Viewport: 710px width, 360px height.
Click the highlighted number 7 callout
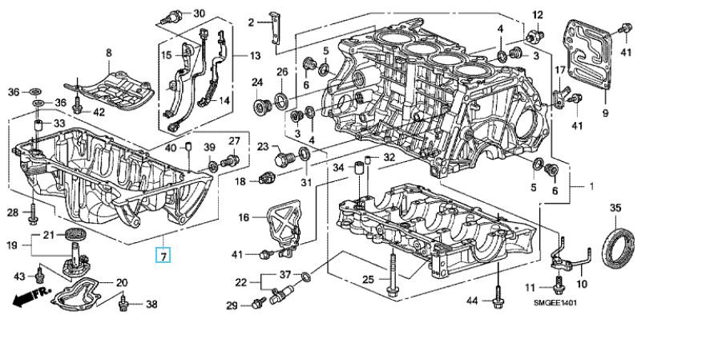[163, 256]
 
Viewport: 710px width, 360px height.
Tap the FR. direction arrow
[32, 297]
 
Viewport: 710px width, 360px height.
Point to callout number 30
[199, 13]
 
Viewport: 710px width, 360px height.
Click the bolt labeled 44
[498, 296]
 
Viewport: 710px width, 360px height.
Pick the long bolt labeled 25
[391, 275]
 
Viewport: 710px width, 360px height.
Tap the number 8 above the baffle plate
[109, 53]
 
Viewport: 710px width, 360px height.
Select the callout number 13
[255, 55]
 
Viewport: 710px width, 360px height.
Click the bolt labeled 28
[33, 214]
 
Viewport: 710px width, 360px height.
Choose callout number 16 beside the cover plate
[244, 218]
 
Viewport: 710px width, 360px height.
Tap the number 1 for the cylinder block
[591, 186]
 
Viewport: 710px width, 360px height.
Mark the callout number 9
[605, 113]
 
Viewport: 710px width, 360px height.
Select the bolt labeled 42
[77, 104]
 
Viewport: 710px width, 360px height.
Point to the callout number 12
[537, 15]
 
